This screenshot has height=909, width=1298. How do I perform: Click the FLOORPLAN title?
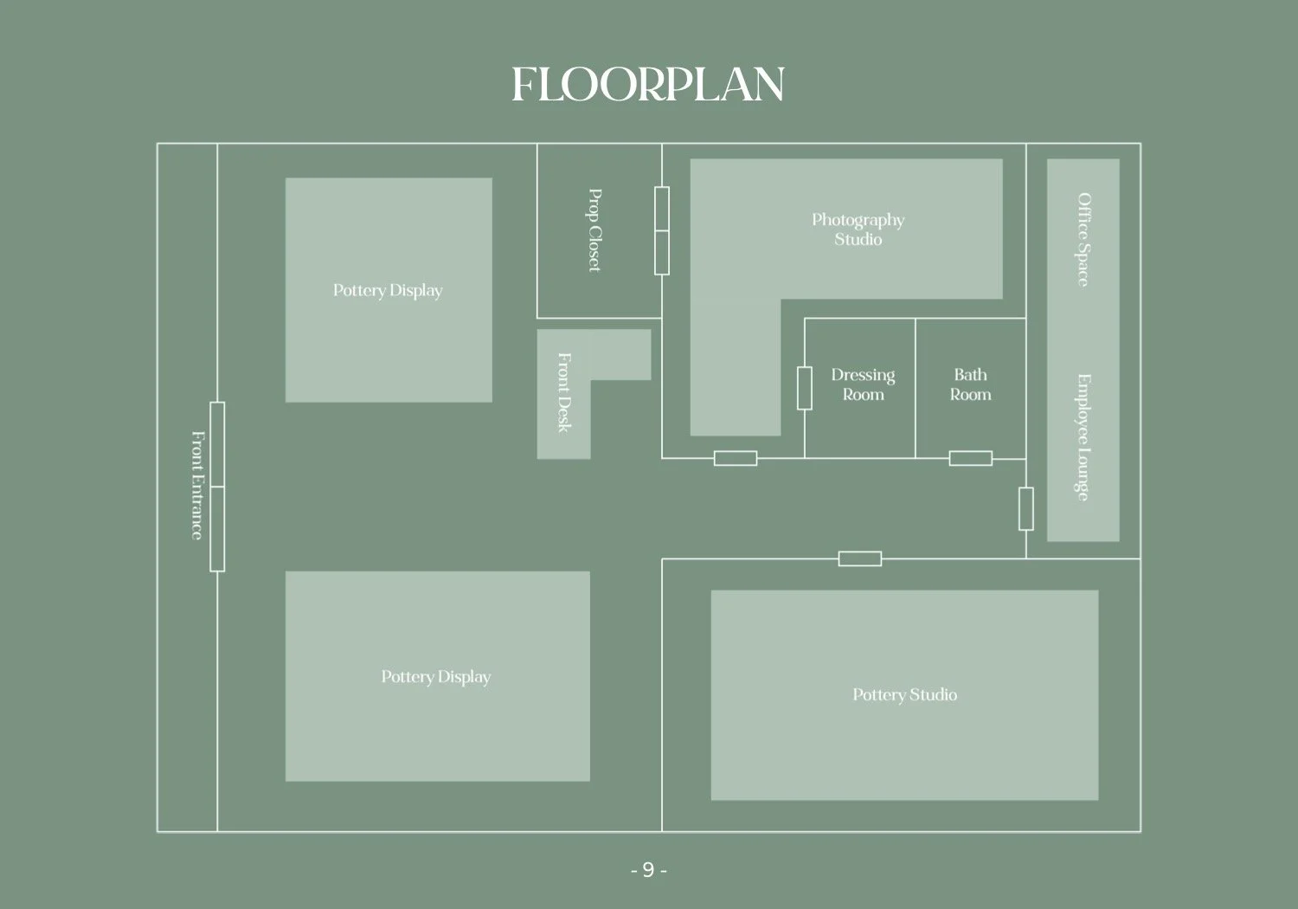click(647, 85)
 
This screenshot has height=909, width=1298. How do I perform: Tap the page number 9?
click(648, 870)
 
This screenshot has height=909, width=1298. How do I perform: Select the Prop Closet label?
click(594, 230)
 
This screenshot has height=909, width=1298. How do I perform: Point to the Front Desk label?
click(564, 392)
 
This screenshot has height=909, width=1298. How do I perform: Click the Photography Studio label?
click(858, 229)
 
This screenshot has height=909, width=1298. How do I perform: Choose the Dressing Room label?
click(863, 384)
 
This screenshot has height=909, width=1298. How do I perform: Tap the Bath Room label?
click(970, 384)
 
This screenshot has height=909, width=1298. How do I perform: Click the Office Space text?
click(1083, 240)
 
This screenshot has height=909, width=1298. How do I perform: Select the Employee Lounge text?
click(1083, 437)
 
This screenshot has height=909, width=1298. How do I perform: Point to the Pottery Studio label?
click(904, 694)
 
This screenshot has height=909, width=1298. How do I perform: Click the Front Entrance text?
click(197, 486)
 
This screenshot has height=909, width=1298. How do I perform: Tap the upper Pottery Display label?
click(388, 290)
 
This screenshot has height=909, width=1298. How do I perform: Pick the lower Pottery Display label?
click(436, 676)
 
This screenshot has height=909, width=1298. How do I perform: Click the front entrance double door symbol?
click(217, 487)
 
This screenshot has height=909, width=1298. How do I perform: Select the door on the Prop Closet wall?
click(662, 230)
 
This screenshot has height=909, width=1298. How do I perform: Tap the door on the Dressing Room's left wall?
click(805, 388)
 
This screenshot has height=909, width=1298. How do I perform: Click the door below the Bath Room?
click(970, 458)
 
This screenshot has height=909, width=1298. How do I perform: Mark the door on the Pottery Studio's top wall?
click(860, 558)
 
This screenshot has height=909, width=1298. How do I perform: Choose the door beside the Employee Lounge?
click(1026, 509)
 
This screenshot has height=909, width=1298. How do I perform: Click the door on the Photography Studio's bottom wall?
click(736, 458)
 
